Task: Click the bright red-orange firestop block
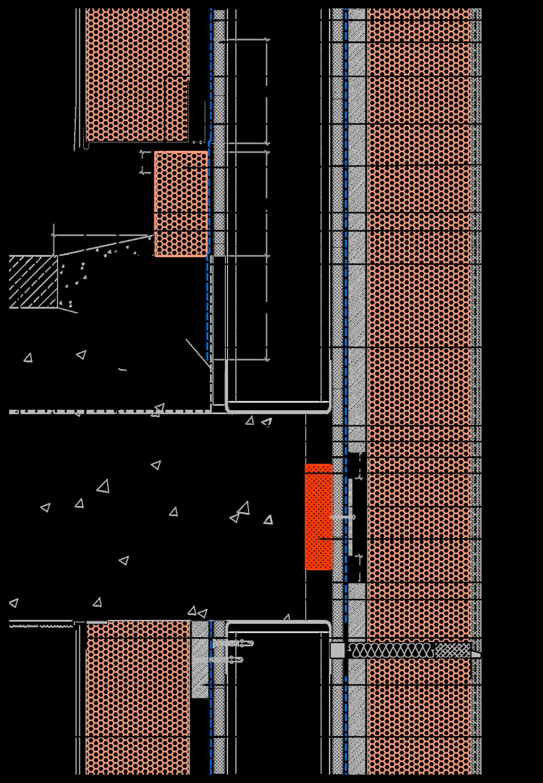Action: [318, 517]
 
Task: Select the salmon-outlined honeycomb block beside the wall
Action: [181, 204]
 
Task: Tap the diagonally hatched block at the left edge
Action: [33, 282]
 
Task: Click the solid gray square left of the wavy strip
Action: [338, 650]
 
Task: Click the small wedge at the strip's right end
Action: [476, 655]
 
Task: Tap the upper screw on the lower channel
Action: [233, 644]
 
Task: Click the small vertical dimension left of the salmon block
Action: [142, 162]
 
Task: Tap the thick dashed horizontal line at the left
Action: [108, 412]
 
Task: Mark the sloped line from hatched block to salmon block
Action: [106, 245]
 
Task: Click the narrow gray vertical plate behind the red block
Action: [337, 519]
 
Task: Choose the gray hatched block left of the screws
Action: [200, 659]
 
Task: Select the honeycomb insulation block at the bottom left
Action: [138, 699]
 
